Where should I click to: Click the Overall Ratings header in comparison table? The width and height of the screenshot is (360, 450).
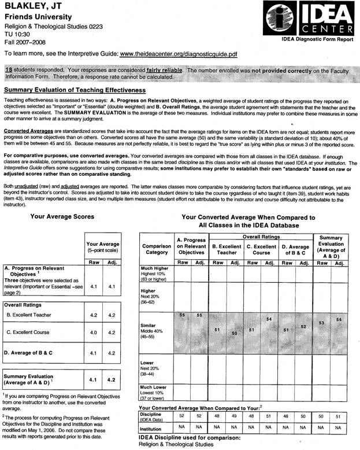point(259,236)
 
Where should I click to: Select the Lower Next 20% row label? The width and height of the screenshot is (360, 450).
point(152,367)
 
